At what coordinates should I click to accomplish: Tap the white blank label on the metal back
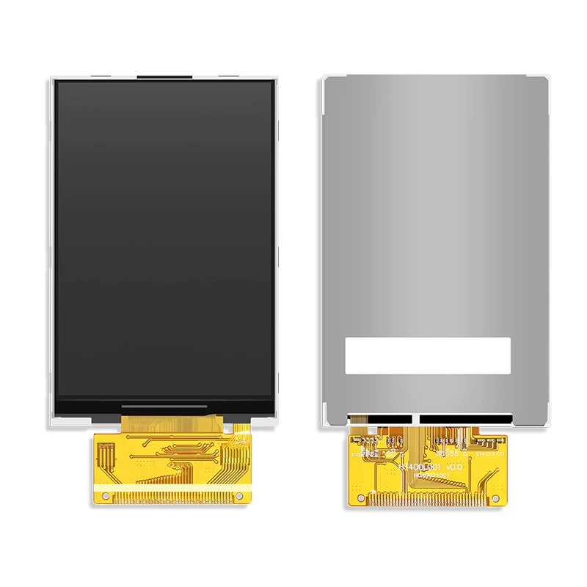coord(428,354)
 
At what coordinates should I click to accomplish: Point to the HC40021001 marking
coord(431,475)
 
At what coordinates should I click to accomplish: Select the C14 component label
coord(481,454)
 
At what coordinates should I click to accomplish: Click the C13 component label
coord(490,454)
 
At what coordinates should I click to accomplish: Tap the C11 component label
coord(500,454)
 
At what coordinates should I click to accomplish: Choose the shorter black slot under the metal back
coord(390,420)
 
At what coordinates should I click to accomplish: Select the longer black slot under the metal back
coord(465,420)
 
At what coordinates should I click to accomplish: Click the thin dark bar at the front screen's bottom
coord(163,405)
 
